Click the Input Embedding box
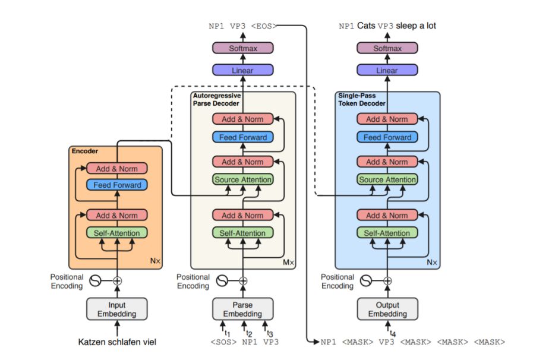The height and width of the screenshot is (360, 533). [x=116, y=309]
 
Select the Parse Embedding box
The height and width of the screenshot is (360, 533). [x=242, y=309]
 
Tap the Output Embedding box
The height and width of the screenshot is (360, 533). [x=387, y=309]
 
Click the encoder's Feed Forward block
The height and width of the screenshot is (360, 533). [x=116, y=185]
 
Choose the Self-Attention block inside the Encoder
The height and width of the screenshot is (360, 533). [x=116, y=233]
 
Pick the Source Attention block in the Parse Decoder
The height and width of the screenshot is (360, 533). [x=242, y=179]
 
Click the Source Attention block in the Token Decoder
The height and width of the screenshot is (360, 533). [x=387, y=179]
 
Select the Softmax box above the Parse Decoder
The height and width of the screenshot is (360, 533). [x=242, y=48]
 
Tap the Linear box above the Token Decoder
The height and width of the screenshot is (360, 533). [x=387, y=70]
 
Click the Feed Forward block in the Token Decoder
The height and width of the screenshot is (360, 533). [x=387, y=137]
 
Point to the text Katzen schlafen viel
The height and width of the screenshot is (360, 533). [x=116, y=342]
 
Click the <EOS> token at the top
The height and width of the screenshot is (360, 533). [x=263, y=26]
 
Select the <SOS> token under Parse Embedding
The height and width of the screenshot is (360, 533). [x=223, y=342]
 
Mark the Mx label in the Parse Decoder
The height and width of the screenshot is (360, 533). [x=288, y=262]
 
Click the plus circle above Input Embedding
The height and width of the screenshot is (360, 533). [x=117, y=280]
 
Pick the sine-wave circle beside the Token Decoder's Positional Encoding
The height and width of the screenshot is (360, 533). [x=366, y=280]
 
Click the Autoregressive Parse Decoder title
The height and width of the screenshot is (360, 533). [x=215, y=99]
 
